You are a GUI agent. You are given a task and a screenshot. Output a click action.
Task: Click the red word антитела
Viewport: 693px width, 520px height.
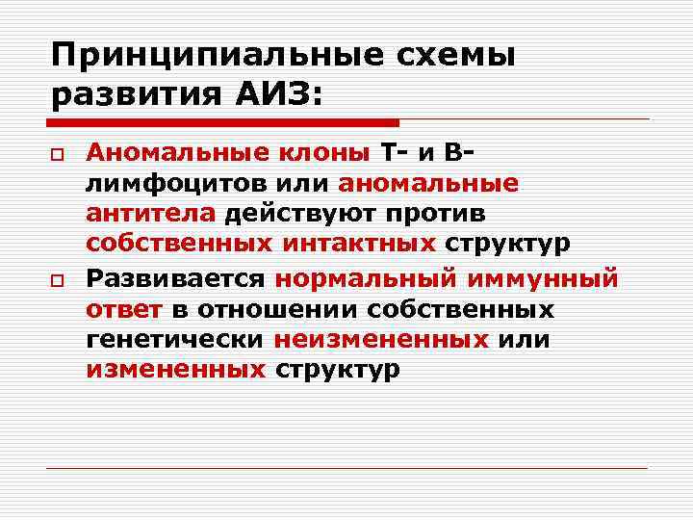click(x=153, y=214)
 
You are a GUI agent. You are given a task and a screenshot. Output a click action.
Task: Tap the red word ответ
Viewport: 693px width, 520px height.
click(x=125, y=310)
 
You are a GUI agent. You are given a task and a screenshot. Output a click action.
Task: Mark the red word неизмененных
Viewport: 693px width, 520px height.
click(x=381, y=340)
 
